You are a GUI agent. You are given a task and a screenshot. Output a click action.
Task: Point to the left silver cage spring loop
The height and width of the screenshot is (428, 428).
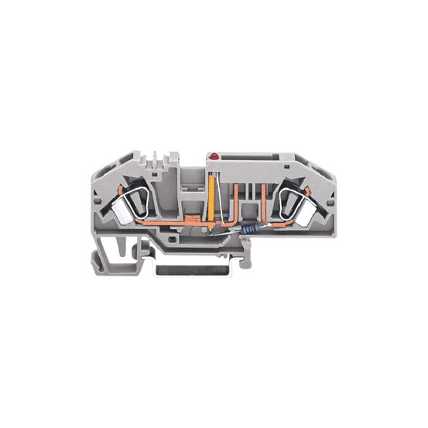(x=140, y=202)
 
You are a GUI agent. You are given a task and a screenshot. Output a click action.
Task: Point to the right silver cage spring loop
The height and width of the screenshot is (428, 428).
(x=290, y=202)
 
